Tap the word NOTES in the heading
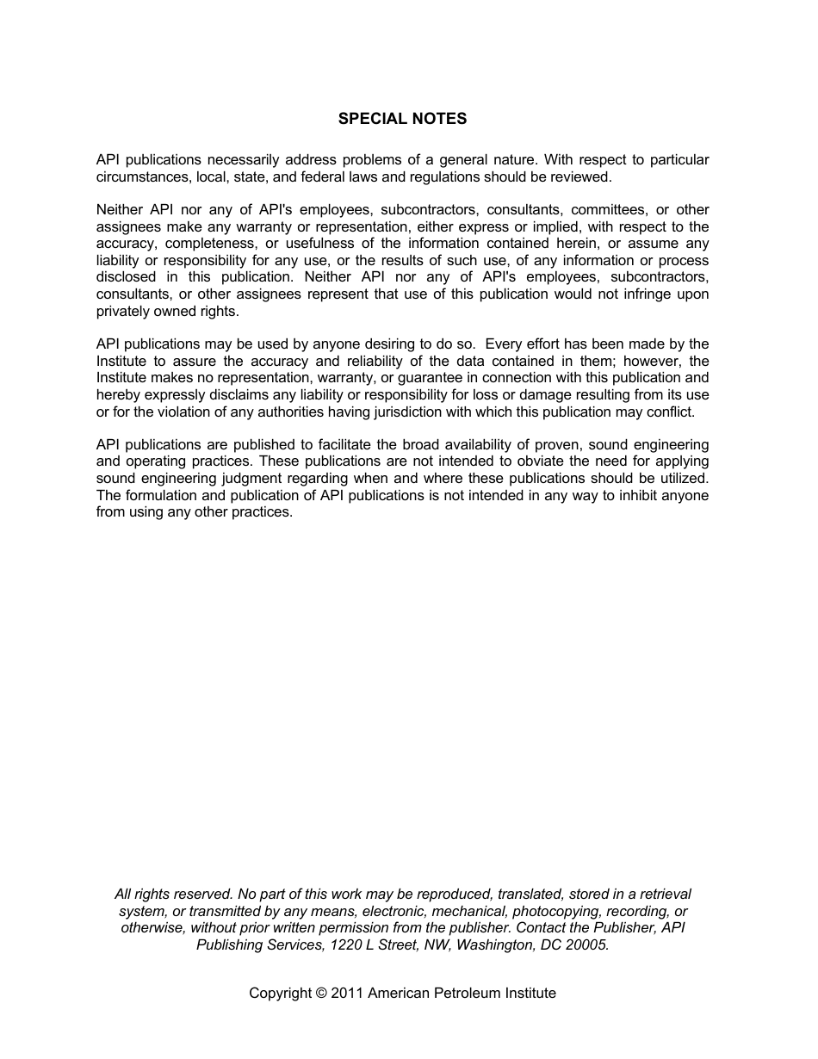coord(439,119)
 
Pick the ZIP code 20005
coord(588,944)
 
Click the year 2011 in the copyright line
coord(347,994)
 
